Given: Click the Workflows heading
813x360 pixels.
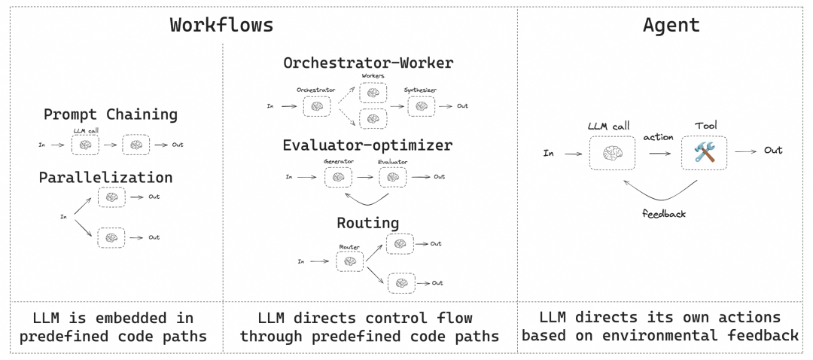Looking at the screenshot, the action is [x=221, y=24].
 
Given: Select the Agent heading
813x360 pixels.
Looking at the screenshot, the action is [x=671, y=24].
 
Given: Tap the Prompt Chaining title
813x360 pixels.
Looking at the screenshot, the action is [x=111, y=114].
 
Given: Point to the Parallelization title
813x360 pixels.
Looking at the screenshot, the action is [x=105, y=178].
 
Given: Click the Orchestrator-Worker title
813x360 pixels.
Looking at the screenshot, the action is [x=368, y=63].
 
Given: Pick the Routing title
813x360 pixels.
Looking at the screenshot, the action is [x=368, y=223].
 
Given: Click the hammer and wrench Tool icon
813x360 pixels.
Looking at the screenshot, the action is [x=705, y=153].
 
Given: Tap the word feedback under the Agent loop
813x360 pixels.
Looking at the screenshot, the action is [x=664, y=213].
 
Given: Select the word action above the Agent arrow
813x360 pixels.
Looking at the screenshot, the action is [x=659, y=138].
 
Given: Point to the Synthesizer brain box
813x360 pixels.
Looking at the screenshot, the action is [x=421, y=106].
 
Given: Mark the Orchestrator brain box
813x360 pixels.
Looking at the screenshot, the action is [x=317, y=106].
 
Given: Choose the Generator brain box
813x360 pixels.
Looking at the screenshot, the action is [x=339, y=178].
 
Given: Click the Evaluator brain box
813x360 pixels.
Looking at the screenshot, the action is [x=393, y=178].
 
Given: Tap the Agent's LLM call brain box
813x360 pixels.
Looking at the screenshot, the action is [x=612, y=153].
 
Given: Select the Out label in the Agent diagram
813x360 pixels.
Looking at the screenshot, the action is [x=773, y=151].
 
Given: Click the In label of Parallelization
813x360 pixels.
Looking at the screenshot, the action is [x=64, y=216].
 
